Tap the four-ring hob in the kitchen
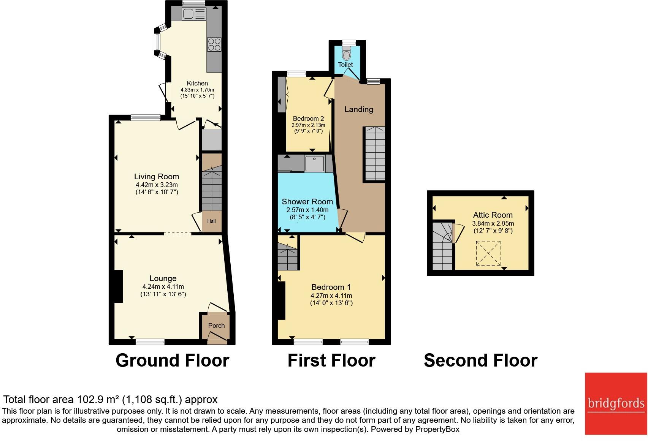[214, 44]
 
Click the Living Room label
[157, 177]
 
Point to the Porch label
[216, 326]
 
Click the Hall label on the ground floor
[211, 221]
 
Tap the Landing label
[358, 109]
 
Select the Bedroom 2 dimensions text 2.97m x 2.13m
[308, 125]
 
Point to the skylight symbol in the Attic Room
[488, 253]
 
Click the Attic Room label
[493, 215]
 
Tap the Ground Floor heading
[172, 360]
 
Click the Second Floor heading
[480, 360]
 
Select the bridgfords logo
[616, 403]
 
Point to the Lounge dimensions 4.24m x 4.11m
[163, 287]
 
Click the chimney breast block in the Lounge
[118, 286]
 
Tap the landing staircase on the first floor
[375, 153]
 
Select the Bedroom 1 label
[331, 287]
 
